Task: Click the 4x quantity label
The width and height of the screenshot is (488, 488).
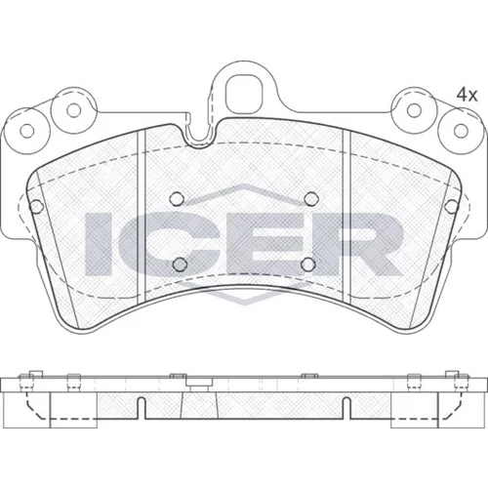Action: pyautogui.click(x=467, y=95)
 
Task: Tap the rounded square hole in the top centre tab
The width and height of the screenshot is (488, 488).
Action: pyautogui.click(x=244, y=94)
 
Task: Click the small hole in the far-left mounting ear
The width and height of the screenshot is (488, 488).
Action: pyautogui.click(x=27, y=131)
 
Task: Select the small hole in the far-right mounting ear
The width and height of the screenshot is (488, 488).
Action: pyautogui.click(x=461, y=131)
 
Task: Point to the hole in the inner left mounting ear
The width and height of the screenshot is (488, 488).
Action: pyautogui.click(x=74, y=110)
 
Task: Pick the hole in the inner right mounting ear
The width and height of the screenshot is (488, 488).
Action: pyautogui.click(x=414, y=110)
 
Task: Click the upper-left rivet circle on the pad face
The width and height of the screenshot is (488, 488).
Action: pyautogui.click(x=177, y=198)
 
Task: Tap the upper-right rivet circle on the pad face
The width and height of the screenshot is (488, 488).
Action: pyautogui.click(x=311, y=198)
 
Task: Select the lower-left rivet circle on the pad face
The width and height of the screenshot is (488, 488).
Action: pyautogui.click(x=180, y=264)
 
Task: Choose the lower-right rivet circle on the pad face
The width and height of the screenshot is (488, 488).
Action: pyautogui.click(x=308, y=264)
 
